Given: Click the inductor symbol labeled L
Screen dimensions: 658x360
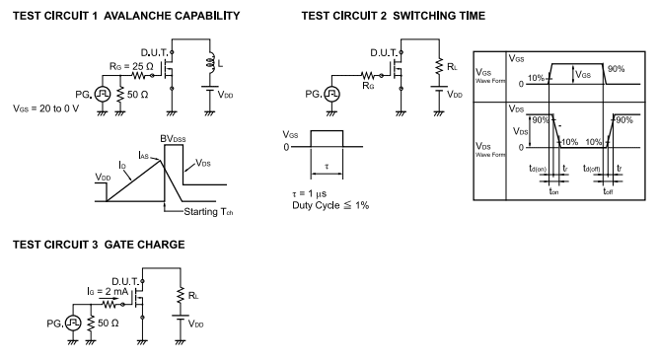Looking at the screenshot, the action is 210,63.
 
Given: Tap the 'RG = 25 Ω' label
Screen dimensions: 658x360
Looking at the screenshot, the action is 131,66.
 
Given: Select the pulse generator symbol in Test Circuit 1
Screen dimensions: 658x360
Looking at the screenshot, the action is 102,95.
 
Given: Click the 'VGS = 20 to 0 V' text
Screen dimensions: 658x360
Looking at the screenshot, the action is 45,108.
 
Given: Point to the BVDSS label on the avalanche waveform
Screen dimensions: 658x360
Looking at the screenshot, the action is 173,139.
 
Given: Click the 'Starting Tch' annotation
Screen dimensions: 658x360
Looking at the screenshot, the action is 208,212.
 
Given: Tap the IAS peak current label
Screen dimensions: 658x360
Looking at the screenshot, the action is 143,155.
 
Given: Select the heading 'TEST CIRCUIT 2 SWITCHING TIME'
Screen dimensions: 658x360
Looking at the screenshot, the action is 394,16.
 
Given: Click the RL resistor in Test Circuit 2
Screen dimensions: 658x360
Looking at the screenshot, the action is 439,67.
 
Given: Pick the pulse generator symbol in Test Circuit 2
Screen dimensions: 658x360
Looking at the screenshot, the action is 331,95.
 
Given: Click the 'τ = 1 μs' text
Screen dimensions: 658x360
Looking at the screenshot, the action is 309,194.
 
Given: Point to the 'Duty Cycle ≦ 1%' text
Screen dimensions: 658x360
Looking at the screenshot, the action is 330,205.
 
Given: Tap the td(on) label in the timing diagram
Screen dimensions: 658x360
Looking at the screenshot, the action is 538,169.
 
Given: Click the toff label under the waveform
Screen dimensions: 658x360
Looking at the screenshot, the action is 608,191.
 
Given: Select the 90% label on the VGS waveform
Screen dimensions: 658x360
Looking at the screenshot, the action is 616,69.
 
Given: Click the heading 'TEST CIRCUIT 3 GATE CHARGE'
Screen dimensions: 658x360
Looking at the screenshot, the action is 99,245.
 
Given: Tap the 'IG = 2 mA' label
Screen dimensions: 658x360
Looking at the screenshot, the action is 108,291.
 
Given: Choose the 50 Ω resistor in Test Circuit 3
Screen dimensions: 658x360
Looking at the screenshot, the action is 90,324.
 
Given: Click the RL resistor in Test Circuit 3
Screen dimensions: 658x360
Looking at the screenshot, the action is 181,295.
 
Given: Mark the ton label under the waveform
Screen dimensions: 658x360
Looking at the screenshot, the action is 554,191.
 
